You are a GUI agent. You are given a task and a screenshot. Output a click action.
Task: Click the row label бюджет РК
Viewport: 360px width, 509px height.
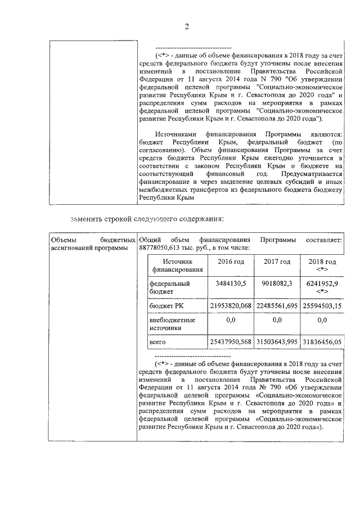point(164,305)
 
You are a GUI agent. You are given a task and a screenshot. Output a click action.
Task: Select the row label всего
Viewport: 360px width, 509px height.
point(157,341)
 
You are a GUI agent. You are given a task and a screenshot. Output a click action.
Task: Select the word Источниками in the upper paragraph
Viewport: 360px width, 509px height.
point(175,135)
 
